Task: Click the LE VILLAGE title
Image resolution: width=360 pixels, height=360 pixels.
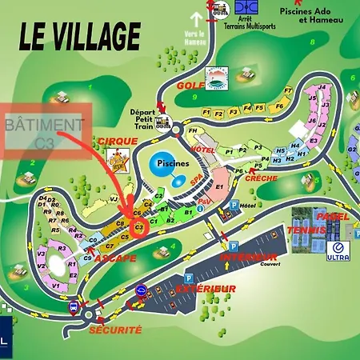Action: pos(78,36)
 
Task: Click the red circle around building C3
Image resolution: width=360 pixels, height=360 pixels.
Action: pos(138,228)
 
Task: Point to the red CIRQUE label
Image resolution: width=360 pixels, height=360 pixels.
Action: pos(117,141)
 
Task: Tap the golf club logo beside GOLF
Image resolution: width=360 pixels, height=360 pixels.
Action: pos(216,78)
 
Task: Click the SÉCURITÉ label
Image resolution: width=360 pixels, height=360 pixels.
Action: pos(115,329)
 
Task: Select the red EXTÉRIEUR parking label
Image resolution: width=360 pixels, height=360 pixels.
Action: pos(207,287)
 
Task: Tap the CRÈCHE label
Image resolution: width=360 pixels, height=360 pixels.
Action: pos(262,178)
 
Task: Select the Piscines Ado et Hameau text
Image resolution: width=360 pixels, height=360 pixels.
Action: pos(314,16)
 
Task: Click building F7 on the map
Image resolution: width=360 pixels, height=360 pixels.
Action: pos(279,105)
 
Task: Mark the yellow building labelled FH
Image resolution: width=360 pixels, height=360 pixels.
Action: pos(192,130)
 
